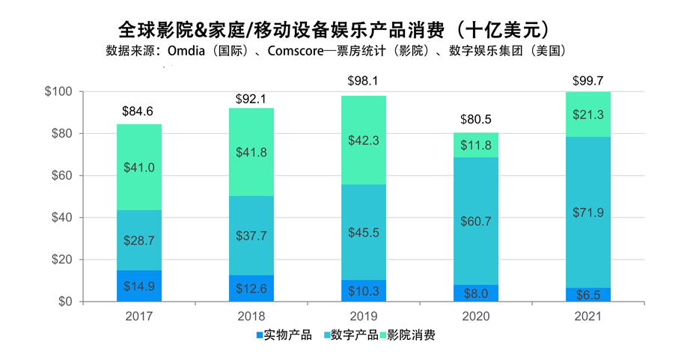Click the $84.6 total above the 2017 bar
coord(138,112)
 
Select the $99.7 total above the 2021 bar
coord(587,80)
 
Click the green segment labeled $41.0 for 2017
coord(138,168)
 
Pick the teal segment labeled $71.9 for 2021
coord(587,213)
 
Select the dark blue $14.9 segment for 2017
coord(138,286)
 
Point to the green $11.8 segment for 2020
coord(475,145)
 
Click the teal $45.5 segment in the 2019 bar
coord(363,232)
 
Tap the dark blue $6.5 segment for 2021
coord(587,295)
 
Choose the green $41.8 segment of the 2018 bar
coord(251,152)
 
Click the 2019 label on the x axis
coord(363,317)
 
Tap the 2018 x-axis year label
coord(251,317)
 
